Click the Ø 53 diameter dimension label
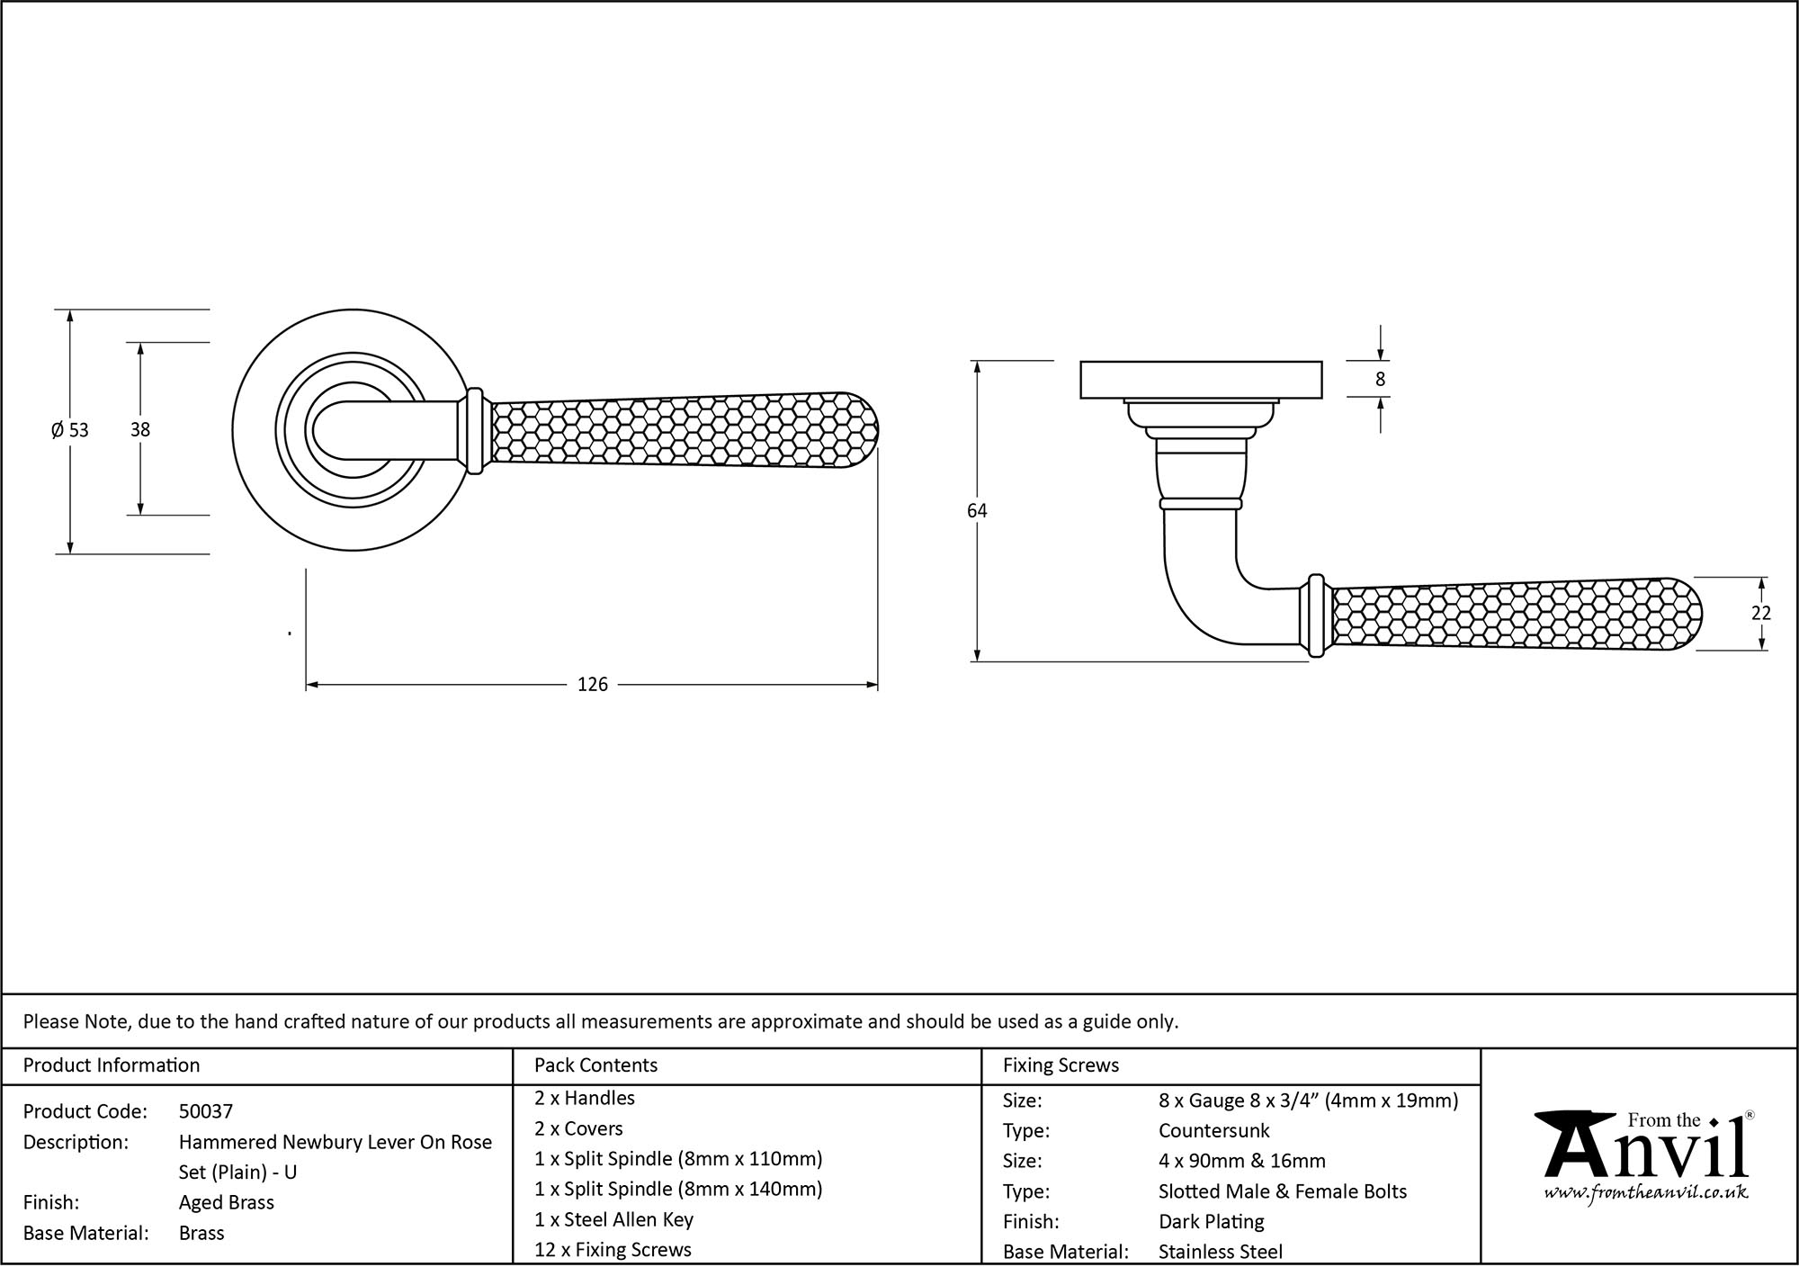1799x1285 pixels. pos(70,430)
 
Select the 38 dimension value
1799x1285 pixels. pos(139,430)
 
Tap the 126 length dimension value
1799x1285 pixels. pos(592,685)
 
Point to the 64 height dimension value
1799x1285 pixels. pos(977,511)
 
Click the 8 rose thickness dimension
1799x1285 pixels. pos(1380,379)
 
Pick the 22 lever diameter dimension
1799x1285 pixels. pos(1760,613)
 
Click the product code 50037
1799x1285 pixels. pos(205,1111)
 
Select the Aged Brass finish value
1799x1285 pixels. pos(226,1202)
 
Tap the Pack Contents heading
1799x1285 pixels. pos(595,1065)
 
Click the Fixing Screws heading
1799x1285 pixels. pos(1061,1065)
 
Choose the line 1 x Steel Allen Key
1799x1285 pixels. pos(613,1219)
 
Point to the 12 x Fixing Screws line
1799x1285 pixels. pos(613,1250)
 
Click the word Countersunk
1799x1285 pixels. pos(1213,1130)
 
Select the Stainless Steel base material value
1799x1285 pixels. pos(1220,1252)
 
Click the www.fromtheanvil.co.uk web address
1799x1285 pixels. pos(1645,1193)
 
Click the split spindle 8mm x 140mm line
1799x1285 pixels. pos(678,1189)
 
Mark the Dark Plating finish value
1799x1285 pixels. pos(1211,1222)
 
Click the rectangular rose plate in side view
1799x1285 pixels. pos(1200,379)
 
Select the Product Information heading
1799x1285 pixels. pos(112,1065)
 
